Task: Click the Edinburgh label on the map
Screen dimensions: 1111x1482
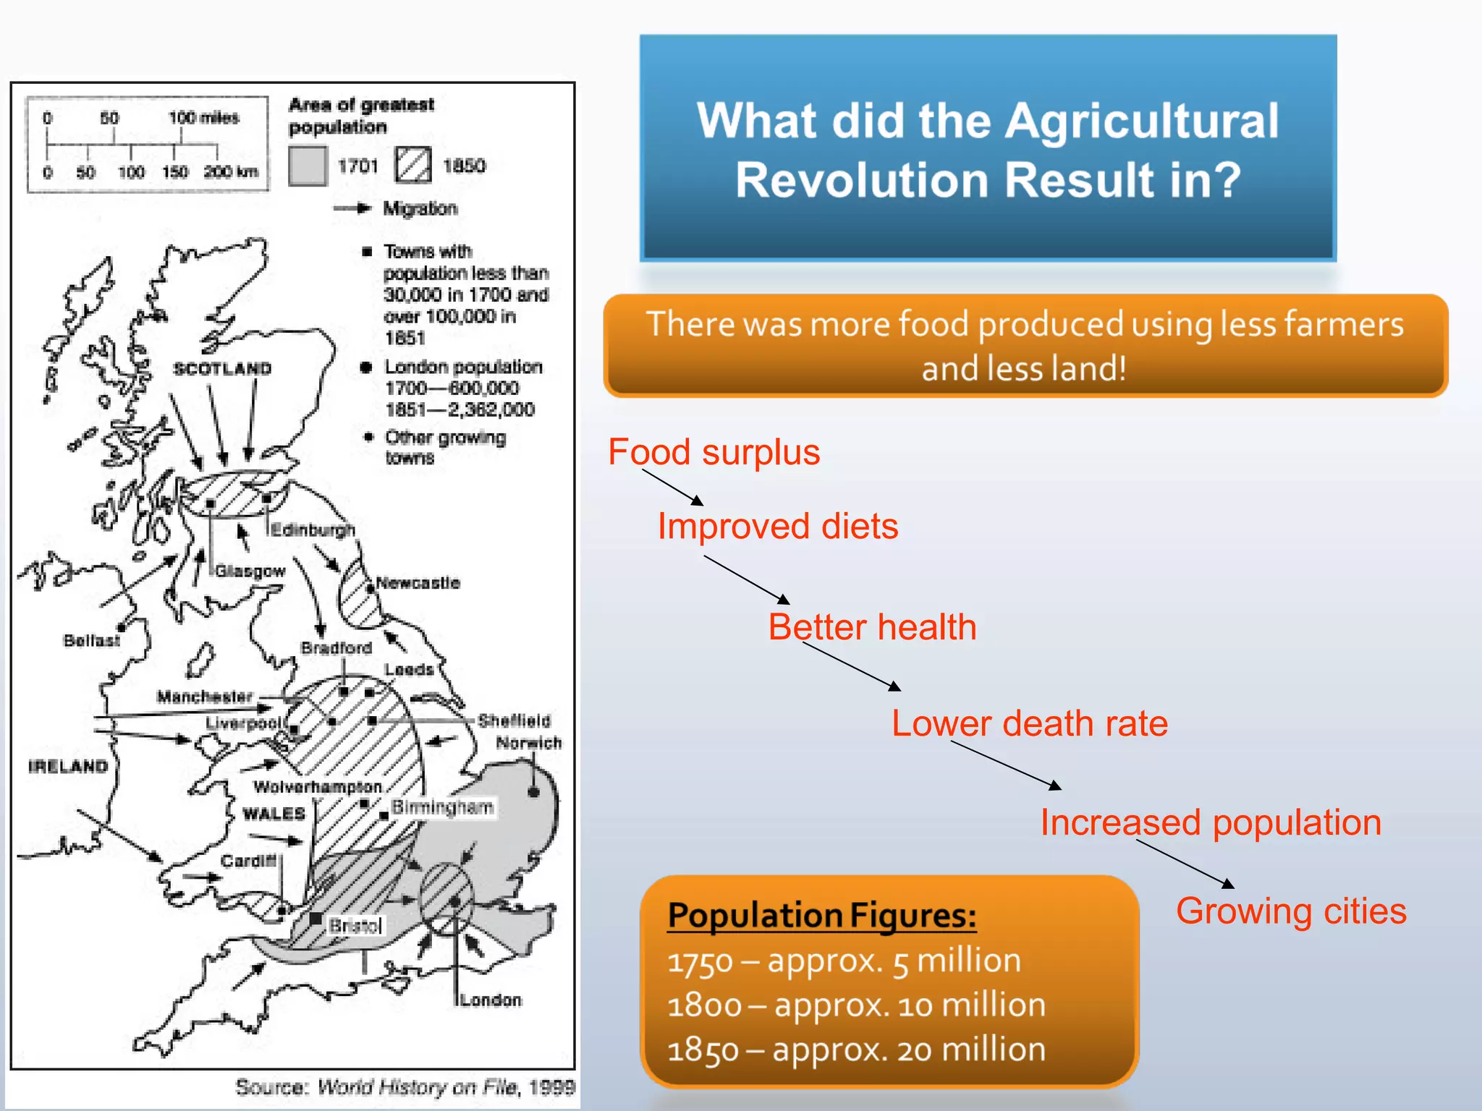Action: click(x=313, y=529)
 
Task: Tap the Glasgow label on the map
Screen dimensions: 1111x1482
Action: click(x=250, y=571)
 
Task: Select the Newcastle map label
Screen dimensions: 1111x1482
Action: click(x=418, y=582)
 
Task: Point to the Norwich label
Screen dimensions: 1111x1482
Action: click(x=528, y=742)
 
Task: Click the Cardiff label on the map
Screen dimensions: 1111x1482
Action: click(x=249, y=861)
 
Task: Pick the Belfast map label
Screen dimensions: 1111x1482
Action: click(x=92, y=640)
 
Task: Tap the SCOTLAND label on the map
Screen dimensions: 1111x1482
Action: click(x=222, y=368)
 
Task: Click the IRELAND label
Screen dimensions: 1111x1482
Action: click(x=68, y=766)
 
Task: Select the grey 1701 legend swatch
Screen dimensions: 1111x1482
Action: click(x=308, y=166)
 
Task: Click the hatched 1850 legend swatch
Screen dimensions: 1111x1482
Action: click(x=413, y=165)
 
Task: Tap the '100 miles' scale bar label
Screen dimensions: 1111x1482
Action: click(x=204, y=117)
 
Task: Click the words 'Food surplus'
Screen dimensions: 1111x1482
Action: click(x=714, y=452)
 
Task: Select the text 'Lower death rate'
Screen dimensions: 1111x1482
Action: click(x=1029, y=723)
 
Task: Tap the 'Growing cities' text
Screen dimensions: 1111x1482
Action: click(x=1291, y=911)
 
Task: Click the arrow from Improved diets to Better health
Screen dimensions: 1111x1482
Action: click(x=746, y=579)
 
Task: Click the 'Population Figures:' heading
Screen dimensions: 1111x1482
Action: click(x=822, y=915)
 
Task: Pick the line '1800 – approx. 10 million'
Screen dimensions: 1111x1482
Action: click(x=857, y=1005)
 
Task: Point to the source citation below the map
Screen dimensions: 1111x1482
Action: click(x=405, y=1086)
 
